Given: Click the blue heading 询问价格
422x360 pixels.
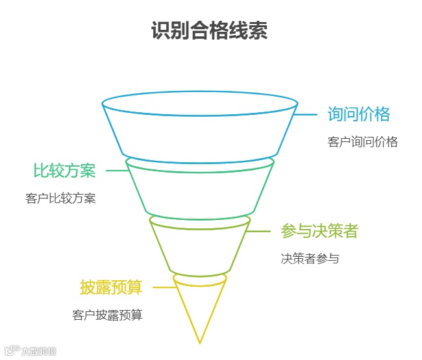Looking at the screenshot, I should pyautogui.click(x=359, y=115).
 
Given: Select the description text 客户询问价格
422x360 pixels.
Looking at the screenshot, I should pyautogui.click(x=362, y=142).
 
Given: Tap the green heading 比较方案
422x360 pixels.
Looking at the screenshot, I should pyautogui.click(x=64, y=171).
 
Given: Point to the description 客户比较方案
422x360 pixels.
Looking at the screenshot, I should pyautogui.click(x=61, y=198).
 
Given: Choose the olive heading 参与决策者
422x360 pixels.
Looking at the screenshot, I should pyautogui.click(x=319, y=231).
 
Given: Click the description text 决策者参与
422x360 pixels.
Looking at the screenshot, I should pyautogui.click(x=310, y=258).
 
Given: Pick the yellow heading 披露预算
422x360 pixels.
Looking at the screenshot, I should pyautogui.click(x=111, y=287).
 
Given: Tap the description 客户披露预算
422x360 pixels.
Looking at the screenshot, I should pyautogui.click(x=107, y=316).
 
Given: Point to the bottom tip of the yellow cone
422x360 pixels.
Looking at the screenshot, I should pyautogui.click(x=200, y=342).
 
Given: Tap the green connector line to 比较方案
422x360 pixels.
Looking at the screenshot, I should pyautogui.click(x=117, y=171).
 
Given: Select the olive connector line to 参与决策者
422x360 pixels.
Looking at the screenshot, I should pyautogui.click(x=259, y=231).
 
